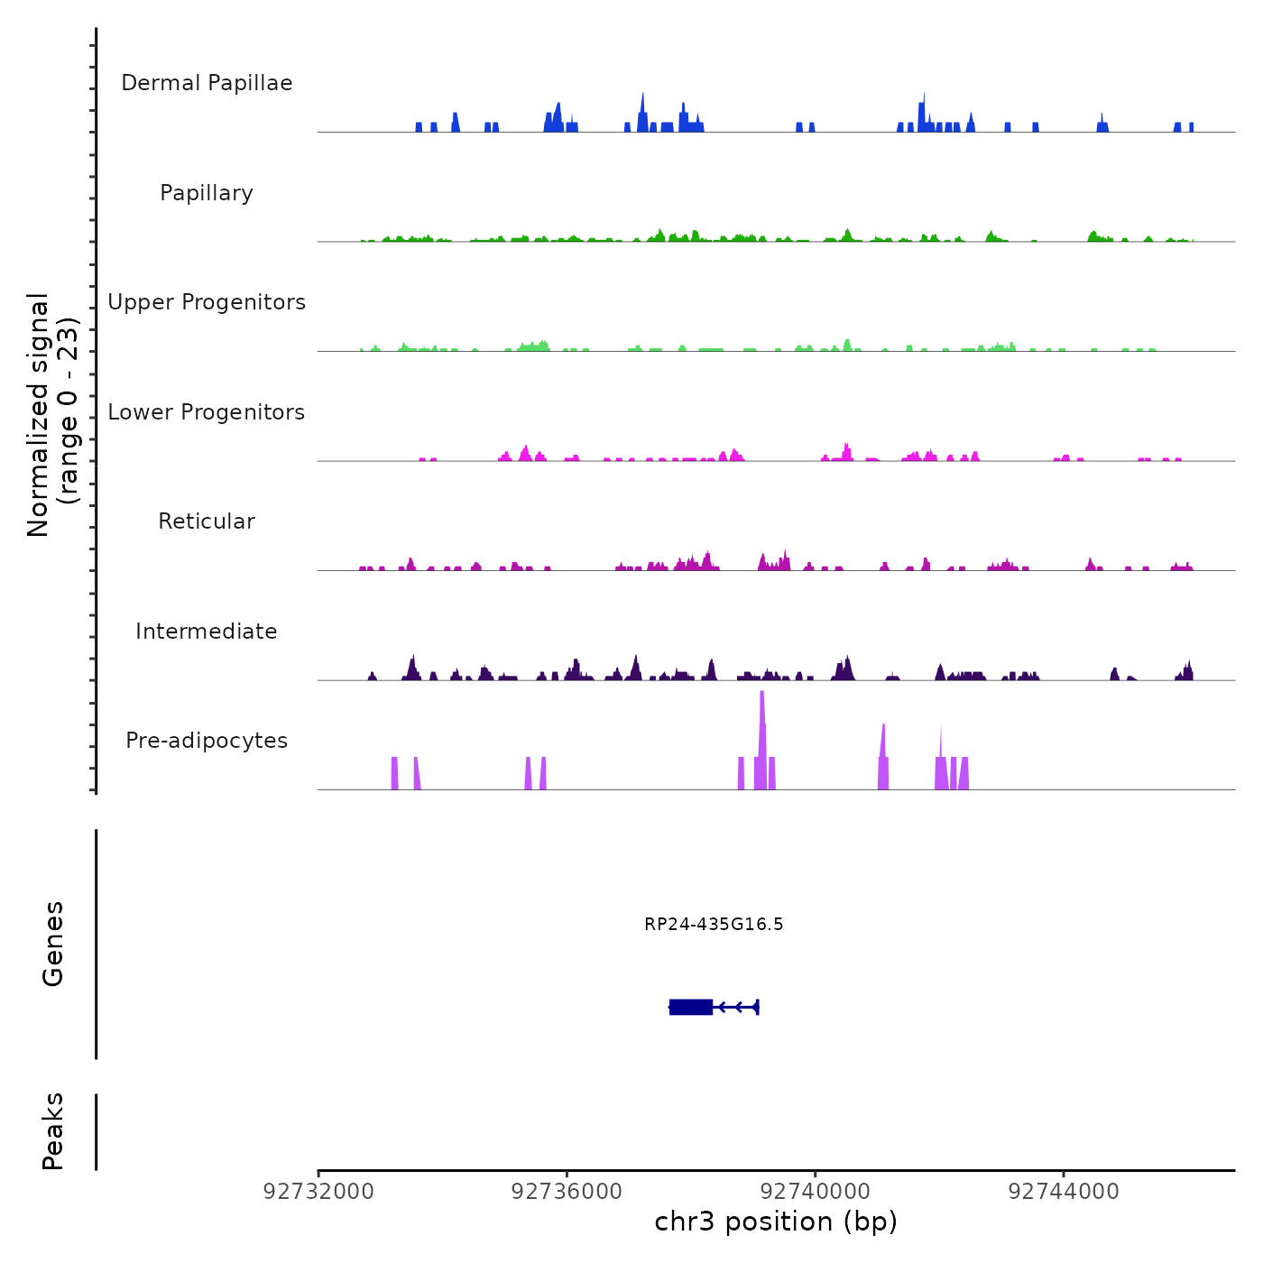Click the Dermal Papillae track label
pos(207,83)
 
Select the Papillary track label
pos(207,193)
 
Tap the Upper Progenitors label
pos(207,302)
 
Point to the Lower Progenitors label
pos(207,412)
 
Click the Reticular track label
pos(207,521)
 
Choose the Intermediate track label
pos(207,631)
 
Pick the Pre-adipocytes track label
pos(207,741)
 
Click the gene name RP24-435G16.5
pos(714,924)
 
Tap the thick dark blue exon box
pos(691,1007)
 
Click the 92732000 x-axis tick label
pos(318,1192)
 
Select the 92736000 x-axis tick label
pos(567,1192)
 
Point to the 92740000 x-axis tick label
pos(816,1192)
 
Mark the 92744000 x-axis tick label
pos(1064,1192)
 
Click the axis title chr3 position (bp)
pos(776,1222)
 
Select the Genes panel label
pos(53,944)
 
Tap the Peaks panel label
pos(53,1131)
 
